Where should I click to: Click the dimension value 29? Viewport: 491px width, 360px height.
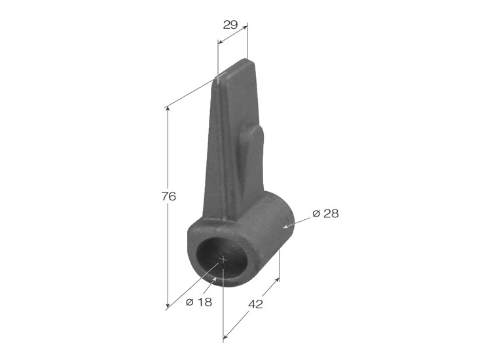(230, 25)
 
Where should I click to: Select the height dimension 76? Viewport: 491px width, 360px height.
(169, 196)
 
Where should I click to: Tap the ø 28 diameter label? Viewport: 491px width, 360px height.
(325, 213)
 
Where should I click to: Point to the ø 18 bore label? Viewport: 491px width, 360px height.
(199, 302)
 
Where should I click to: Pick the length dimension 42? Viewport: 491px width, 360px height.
(255, 304)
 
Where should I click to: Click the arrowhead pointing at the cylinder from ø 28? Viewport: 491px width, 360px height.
(285, 226)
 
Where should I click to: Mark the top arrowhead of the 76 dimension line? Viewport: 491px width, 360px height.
(168, 109)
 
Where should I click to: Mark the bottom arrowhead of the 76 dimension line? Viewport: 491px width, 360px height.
(168, 305)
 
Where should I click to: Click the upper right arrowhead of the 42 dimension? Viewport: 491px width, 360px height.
(276, 281)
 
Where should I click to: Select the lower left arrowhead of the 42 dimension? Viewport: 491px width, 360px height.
(225, 336)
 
